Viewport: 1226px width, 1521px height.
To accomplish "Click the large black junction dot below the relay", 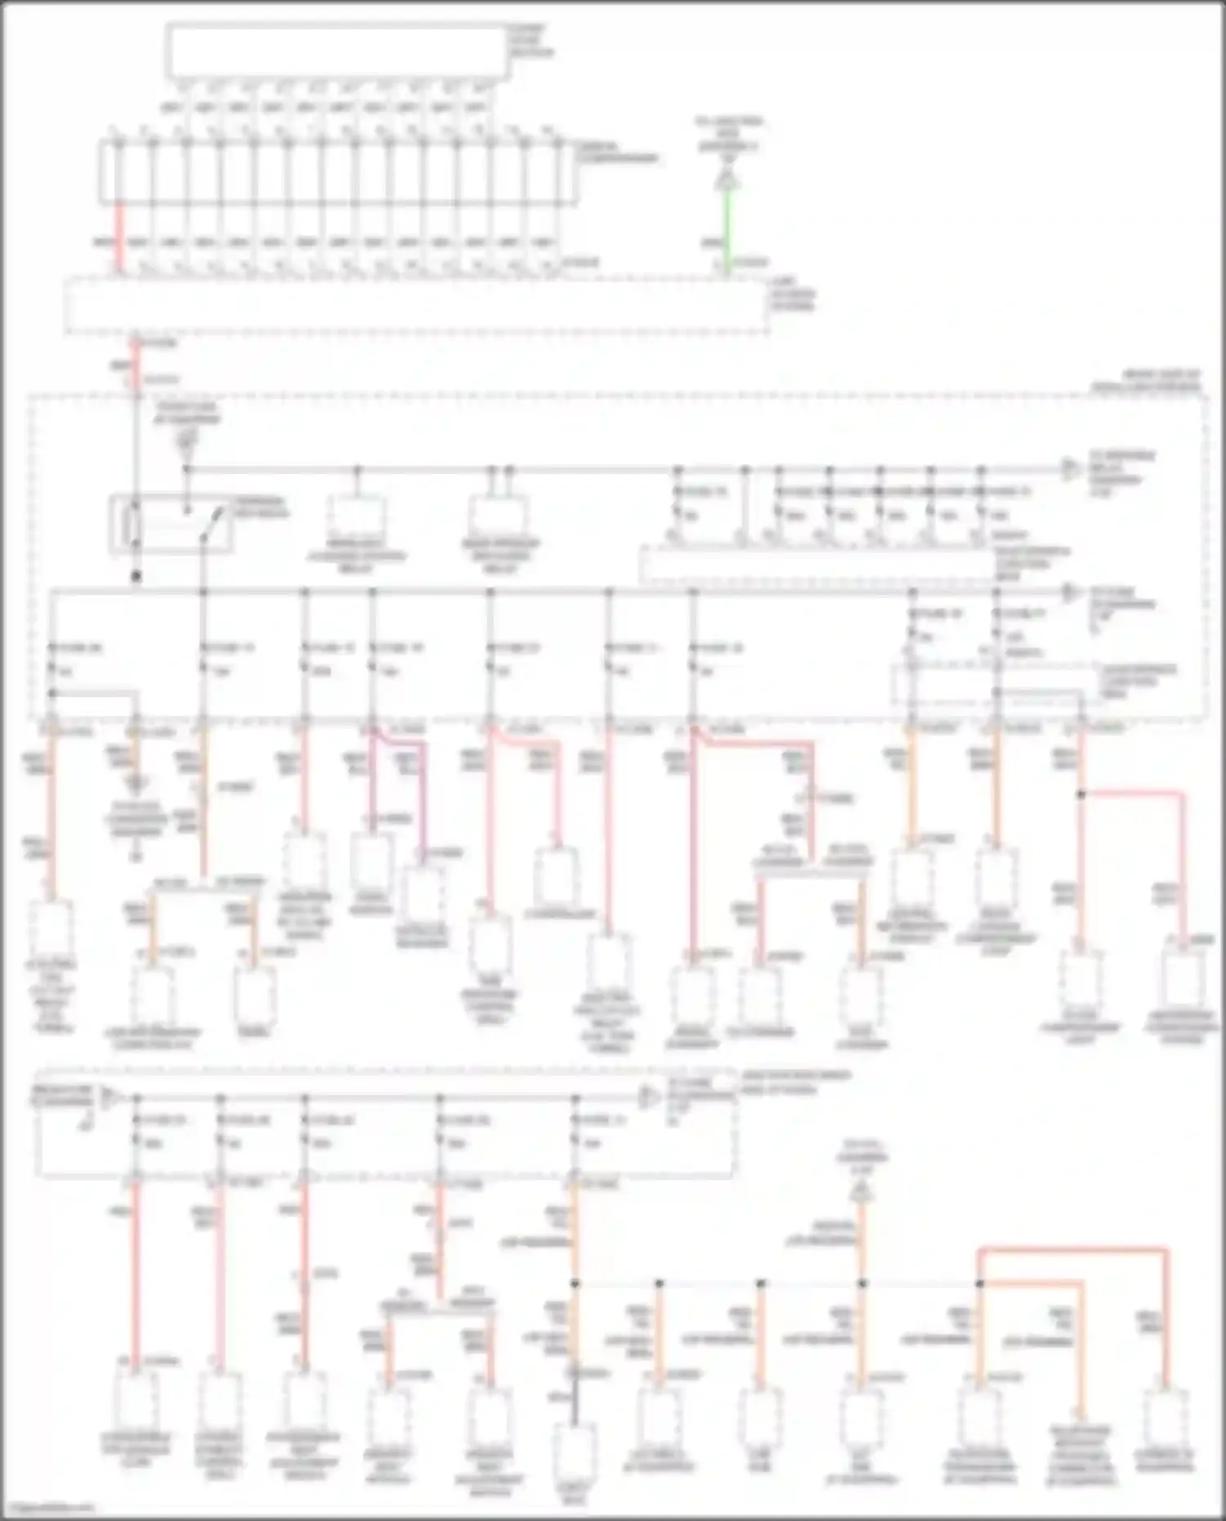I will pos(136,577).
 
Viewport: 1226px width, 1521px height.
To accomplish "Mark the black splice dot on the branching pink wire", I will pos(1081,794).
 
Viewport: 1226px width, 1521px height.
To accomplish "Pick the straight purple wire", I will pos(373,785).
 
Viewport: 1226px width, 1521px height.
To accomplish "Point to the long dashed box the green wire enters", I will pos(417,306).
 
